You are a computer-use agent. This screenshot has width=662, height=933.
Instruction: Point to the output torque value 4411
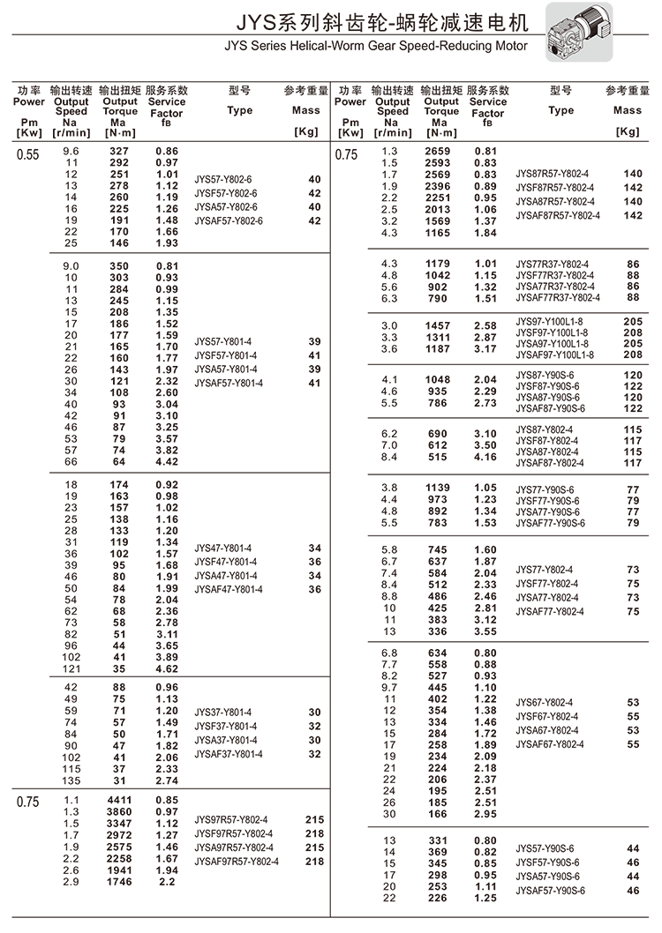pyautogui.click(x=118, y=800)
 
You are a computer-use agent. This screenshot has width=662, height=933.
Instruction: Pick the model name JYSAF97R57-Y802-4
pyautogui.click(x=237, y=862)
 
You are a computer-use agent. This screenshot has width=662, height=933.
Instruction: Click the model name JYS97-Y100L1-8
pyautogui.click(x=553, y=323)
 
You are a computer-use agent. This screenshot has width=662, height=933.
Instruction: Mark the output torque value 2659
pyautogui.click(x=437, y=152)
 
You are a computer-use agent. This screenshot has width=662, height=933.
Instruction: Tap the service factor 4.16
pyautogui.click(x=485, y=457)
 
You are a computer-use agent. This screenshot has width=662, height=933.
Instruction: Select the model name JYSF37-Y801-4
pyautogui.click(x=226, y=726)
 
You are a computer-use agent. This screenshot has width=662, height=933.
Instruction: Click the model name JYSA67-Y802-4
pyautogui.click(x=548, y=730)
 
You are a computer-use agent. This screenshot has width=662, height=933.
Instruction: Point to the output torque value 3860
pyautogui.click(x=118, y=811)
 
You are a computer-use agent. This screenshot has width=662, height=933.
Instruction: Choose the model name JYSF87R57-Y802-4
pyautogui.click(x=555, y=188)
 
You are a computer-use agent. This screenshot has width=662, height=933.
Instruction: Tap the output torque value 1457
pyautogui.click(x=437, y=325)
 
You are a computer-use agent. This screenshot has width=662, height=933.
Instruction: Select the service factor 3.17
pyautogui.click(x=485, y=349)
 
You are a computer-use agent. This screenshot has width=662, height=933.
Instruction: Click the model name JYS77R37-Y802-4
pyautogui.click(x=553, y=264)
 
